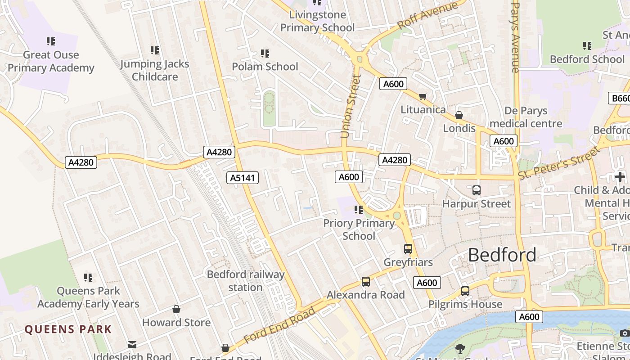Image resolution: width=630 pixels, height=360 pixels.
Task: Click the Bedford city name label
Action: pos(502,255)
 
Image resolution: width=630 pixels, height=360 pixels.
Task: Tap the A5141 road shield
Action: pos(243,178)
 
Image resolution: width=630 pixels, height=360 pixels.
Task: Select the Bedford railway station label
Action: pos(246,281)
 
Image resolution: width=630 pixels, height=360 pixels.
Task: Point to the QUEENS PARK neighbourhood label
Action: pos(68,329)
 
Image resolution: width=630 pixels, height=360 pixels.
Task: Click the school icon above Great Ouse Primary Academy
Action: pos(51,41)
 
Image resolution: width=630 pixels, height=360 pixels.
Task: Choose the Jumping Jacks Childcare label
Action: pos(155,70)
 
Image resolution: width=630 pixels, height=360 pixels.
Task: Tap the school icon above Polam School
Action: pos(265,54)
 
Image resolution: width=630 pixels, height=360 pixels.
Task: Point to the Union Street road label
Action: pos(351,107)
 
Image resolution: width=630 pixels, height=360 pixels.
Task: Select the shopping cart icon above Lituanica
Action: pos(423,96)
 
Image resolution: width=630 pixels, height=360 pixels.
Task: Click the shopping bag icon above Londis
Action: pos(459,115)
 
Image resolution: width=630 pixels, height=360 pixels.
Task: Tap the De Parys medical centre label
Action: pos(526,117)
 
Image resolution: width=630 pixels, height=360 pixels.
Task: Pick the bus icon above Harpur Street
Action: pos(477,190)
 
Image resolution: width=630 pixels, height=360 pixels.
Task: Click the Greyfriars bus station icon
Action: pos(408,248)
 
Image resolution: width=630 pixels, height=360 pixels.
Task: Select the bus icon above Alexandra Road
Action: pos(366,282)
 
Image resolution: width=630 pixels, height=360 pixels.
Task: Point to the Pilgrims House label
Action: pos(465,304)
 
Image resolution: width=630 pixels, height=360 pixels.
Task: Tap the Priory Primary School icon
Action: pos(359,210)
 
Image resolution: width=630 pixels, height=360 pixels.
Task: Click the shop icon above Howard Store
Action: pos(176,309)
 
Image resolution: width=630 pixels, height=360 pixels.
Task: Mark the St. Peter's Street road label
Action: pos(559,162)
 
